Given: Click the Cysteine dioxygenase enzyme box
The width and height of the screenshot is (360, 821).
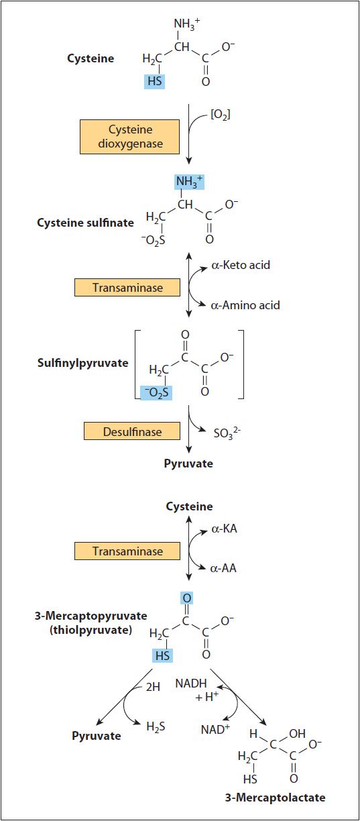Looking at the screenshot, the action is tap(129, 136).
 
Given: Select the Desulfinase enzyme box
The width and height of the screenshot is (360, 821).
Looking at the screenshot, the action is tap(132, 431).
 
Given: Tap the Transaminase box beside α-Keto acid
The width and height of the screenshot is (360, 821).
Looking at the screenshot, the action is tap(127, 287).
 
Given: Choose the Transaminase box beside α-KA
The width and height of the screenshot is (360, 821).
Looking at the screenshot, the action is tap(127, 551).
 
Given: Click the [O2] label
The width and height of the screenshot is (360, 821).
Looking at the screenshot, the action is tap(220, 115).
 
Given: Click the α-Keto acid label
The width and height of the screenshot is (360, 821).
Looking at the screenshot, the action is tap(241, 265).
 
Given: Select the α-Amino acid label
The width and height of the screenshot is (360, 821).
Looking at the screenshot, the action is tap(245, 305).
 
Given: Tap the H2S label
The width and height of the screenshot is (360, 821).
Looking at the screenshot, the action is tap(156, 726).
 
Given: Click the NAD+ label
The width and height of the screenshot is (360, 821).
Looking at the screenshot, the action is tap(215, 729).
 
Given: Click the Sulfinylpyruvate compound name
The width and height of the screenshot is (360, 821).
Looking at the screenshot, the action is tap(82, 363).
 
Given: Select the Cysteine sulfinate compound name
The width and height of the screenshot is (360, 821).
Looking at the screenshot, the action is tap(85, 223).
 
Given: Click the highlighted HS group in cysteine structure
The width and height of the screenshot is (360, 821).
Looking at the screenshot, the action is tap(155, 80).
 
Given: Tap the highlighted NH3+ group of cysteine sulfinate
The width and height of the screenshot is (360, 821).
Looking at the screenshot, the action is tap(189, 181).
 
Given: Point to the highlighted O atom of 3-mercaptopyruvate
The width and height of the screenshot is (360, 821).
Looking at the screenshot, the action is tap(187, 598).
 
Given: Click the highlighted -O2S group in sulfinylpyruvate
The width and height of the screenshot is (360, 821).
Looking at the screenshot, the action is tap(156, 392).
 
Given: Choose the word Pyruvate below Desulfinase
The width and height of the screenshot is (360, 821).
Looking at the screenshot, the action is tap(188, 463).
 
